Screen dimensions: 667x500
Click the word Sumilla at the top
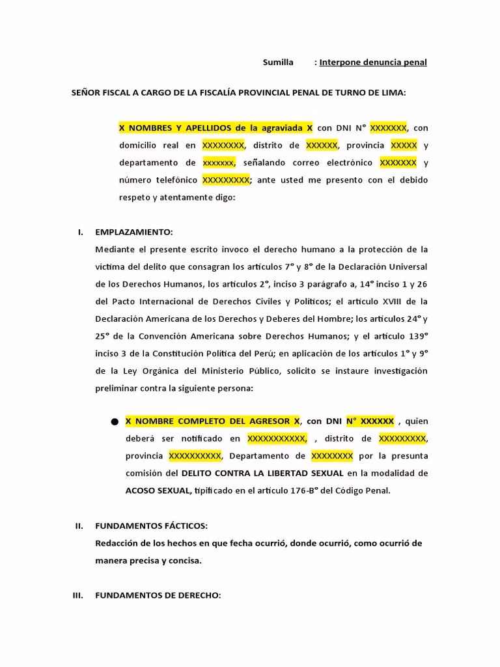coord(278,63)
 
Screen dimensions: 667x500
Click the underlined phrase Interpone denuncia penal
coord(373,63)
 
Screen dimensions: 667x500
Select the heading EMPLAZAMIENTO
coord(134,232)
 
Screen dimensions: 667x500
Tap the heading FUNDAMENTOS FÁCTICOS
coord(151,526)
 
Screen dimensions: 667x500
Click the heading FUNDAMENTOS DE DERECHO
coord(158,595)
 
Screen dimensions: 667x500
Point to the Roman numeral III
coord(78,595)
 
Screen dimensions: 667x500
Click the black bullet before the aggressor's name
coord(115,422)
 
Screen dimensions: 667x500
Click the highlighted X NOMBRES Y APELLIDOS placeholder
coord(215,128)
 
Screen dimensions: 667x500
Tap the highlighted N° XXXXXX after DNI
coord(370,421)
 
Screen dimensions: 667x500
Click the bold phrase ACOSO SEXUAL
coord(158,490)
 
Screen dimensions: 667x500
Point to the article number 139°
coord(415,336)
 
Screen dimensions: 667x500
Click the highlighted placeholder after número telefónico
coord(225,180)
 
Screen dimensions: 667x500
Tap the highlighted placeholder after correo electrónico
coord(398,162)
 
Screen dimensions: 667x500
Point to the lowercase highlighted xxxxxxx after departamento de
coord(219,162)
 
